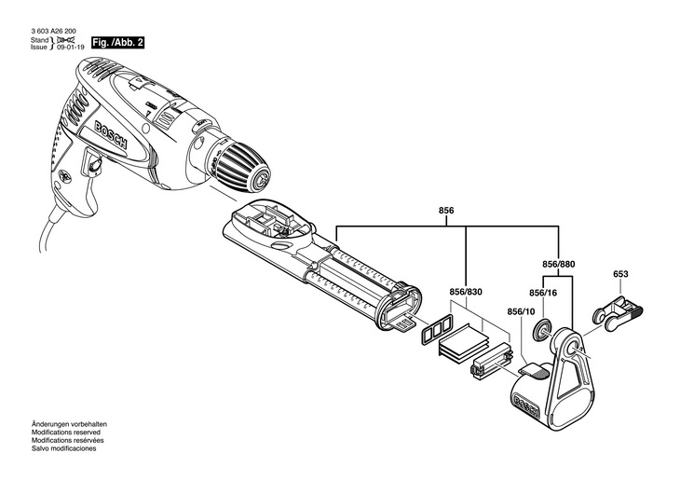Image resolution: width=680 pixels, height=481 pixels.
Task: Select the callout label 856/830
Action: click(465, 290)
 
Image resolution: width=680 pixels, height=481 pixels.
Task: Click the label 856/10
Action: click(522, 311)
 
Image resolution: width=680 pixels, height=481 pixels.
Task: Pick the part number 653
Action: click(621, 274)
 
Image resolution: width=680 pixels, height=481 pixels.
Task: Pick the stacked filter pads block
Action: click(463, 345)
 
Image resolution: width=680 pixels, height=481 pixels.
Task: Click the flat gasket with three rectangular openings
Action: click(435, 328)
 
